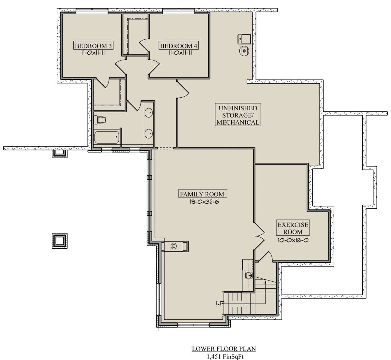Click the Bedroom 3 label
pos(93,46)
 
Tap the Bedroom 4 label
pos(179,46)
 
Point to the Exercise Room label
pos(293,228)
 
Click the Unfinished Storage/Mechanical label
pos(238,115)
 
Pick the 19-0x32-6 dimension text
pos(204,202)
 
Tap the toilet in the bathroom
pos(100,120)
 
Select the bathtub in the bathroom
pos(107,138)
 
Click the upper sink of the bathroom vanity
pos(149,113)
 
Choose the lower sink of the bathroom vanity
pos(149,134)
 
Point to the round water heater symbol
pos(244,51)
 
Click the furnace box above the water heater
pos(244,39)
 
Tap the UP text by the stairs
pos(220,303)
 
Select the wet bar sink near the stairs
pos(249,275)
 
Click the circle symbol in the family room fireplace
pos(174,246)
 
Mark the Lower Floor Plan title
pos(224,349)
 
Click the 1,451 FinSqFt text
pos(225,357)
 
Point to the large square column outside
pos(60,241)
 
